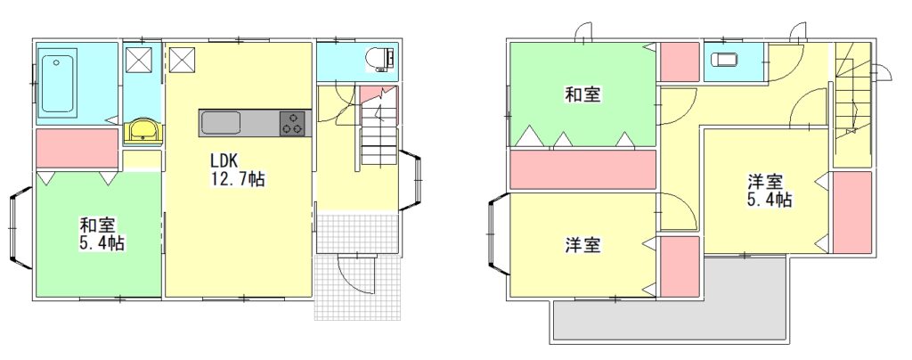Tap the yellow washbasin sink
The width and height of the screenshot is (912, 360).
143,132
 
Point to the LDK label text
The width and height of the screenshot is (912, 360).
224,161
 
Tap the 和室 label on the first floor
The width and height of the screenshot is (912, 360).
95,225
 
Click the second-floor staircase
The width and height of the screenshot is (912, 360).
852,98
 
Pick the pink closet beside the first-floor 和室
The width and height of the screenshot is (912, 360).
77,148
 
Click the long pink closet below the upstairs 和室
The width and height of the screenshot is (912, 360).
582,168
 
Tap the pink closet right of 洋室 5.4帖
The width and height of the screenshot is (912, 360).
851,212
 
